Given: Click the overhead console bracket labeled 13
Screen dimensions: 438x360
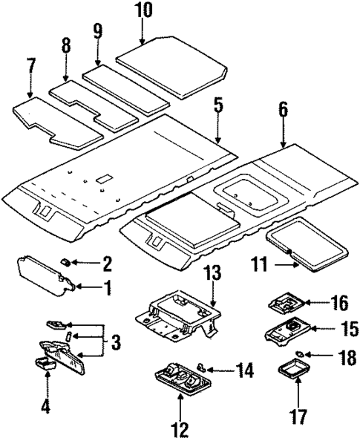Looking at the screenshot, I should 178,316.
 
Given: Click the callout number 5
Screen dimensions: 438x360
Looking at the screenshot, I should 217,105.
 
